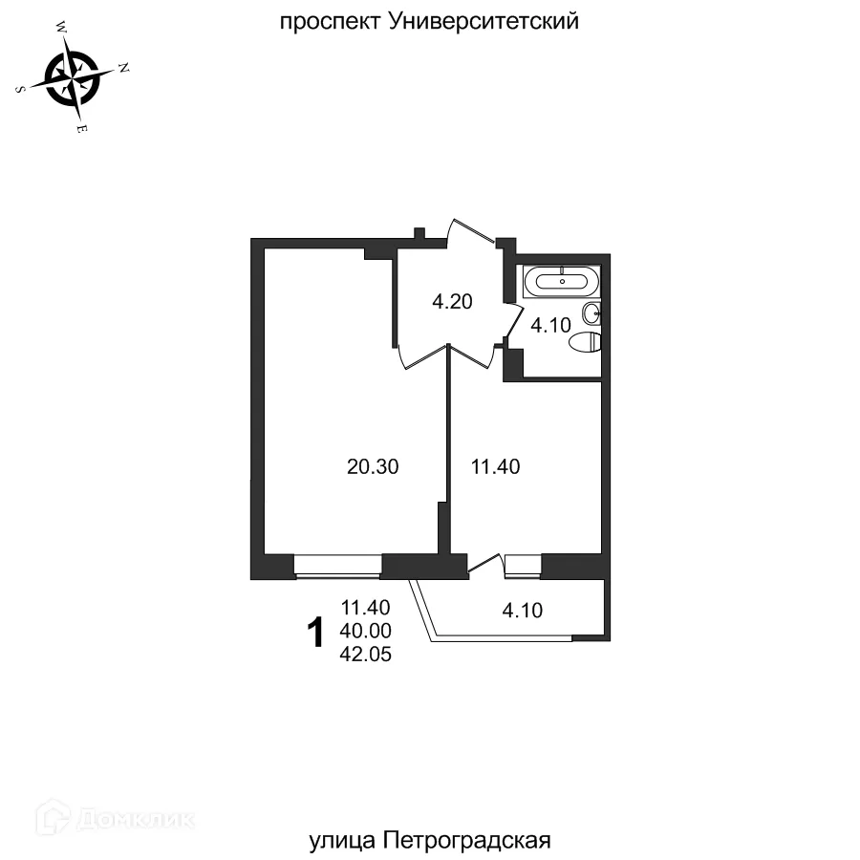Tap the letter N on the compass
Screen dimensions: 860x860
(x=123, y=67)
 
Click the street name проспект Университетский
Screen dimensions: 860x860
(x=429, y=21)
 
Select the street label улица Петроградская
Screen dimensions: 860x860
(x=431, y=841)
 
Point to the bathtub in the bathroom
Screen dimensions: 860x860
(x=563, y=281)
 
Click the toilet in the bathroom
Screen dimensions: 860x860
(x=584, y=341)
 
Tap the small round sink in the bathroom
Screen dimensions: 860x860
(x=593, y=311)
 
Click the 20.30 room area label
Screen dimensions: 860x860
(x=372, y=467)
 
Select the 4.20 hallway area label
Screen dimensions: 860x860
(x=453, y=303)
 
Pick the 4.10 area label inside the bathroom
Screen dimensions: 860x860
(x=550, y=325)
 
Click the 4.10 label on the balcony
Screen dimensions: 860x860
(x=522, y=610)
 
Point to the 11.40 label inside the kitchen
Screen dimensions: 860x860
(x=495, y=467)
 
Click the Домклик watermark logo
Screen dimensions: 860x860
(x=114, y=818)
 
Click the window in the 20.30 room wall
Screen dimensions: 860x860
(x=338, y=567)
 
